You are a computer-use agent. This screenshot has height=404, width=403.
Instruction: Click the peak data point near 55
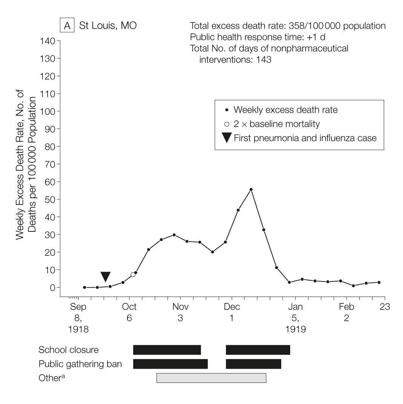point(251,190)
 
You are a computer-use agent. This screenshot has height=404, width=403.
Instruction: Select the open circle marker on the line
point(133,275)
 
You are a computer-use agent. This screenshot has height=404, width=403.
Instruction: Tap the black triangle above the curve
point(105,276)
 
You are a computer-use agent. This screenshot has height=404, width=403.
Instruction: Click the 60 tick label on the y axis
point(49,182)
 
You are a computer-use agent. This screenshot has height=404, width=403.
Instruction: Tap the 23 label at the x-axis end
point(385,307)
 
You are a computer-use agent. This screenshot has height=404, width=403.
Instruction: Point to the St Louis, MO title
point(108,26)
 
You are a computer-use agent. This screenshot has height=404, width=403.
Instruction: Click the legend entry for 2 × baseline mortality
point(277,124)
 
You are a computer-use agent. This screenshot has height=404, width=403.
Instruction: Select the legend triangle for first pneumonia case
point(226,138)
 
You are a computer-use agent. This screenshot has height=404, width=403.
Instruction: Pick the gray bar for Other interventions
point(211,378)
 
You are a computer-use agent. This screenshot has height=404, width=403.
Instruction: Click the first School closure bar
point(167,350)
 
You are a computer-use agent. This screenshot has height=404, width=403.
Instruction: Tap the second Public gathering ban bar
point(253,364)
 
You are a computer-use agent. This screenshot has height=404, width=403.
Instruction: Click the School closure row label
point(68,350)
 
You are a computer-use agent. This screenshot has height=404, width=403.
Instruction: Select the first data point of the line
point(84,287)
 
